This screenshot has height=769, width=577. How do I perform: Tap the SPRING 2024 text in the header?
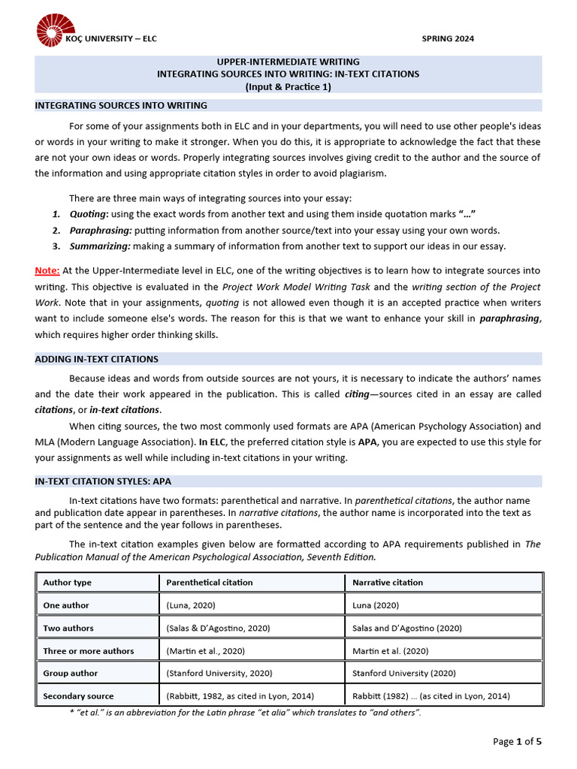tap(448, 39)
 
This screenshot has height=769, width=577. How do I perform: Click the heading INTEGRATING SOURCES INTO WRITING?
tap(121, 105)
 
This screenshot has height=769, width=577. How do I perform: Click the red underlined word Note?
tap(47, 270)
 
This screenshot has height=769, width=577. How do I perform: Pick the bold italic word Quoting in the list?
tap(89, 214)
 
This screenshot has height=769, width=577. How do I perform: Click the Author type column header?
tap(68, 582)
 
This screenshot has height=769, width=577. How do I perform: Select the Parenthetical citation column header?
tap(210, 582)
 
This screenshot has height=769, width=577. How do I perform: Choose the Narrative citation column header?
tap(388, 582)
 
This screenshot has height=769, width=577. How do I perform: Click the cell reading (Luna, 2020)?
tap(192, 605)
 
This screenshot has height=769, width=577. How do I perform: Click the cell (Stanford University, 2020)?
tap(219, 673)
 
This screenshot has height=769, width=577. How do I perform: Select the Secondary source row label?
tap(79, 695)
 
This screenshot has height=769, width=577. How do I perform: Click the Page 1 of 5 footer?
tap(517, 741)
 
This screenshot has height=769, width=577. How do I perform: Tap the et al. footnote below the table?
tap(245, 712)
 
